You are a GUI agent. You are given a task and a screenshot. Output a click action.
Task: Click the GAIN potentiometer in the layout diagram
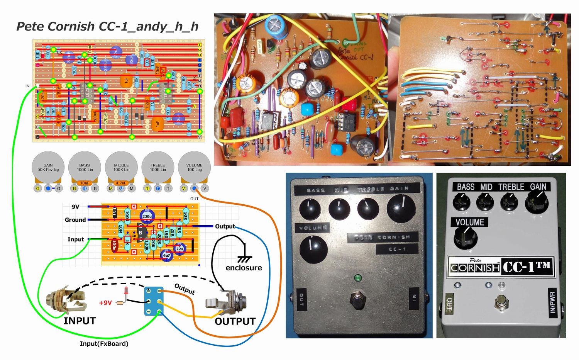[48, 168]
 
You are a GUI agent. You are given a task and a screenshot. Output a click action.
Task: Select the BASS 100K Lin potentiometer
[85, 168]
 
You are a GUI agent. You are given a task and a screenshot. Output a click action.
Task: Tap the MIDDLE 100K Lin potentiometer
[121, 168]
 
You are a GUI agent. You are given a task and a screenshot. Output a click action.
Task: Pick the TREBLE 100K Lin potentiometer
[157, 168]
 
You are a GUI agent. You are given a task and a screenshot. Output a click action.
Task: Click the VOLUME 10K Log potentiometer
[194, 168]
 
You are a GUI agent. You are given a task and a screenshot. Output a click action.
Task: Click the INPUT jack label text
[79, 321]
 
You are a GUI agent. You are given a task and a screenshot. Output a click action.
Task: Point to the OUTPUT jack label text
[235, 321]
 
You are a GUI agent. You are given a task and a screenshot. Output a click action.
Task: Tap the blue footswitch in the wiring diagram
[154, 301]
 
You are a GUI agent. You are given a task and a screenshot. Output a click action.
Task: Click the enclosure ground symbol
[244, 259]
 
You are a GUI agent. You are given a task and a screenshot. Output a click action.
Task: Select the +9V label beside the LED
[105, 303]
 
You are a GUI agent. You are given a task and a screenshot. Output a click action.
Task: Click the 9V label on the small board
[76, 207]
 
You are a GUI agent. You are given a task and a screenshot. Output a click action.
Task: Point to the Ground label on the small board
[75, 220]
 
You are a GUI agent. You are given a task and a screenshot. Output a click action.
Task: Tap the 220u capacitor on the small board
[147, 216]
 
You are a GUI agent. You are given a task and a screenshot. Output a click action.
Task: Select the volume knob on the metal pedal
[313, 248]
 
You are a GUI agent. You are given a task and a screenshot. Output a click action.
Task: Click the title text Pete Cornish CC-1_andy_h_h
[107, 26]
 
